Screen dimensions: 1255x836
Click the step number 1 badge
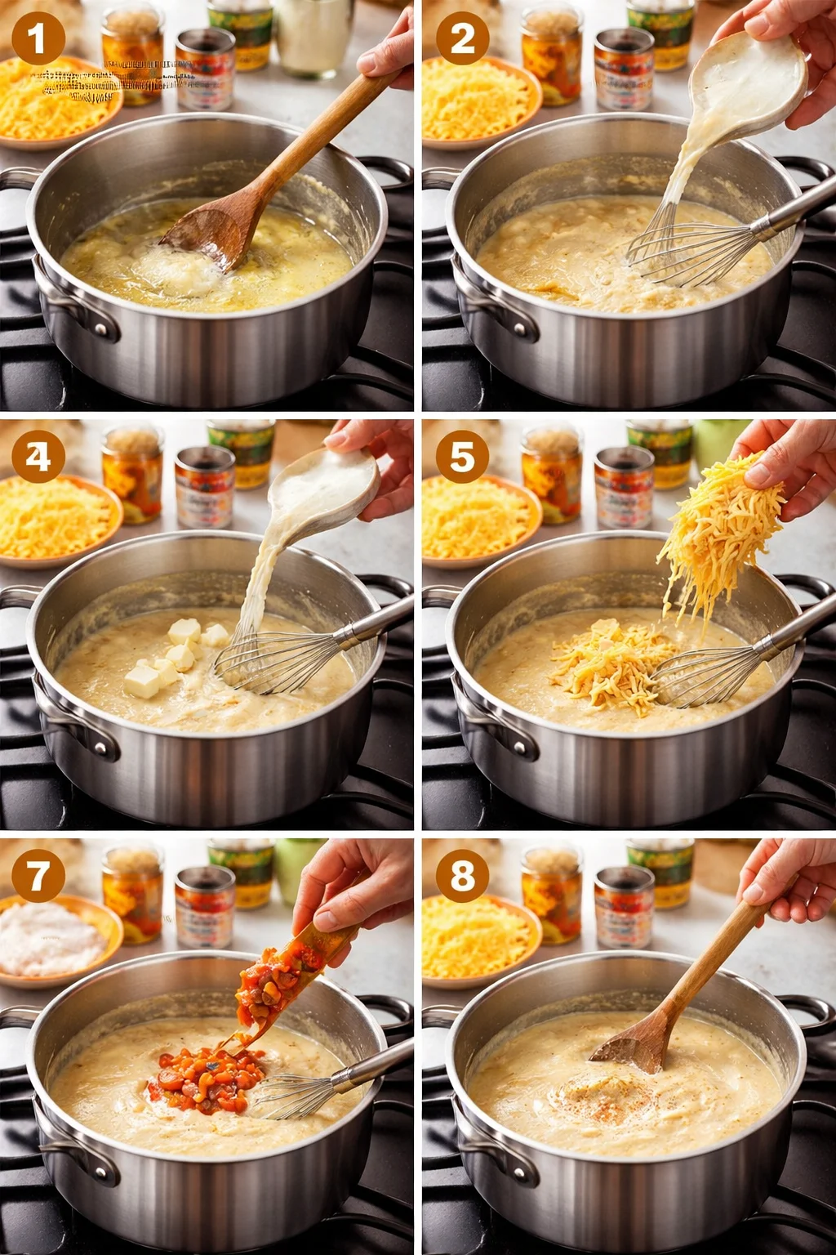pyautogui.click(x=38, y=38)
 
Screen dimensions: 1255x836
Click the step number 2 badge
pyautogui.click(x=462, y=38)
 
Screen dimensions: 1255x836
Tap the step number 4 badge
pyautogui.click(x=38, y=457)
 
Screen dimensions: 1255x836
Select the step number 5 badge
pyautogui.click(x=462, y=457)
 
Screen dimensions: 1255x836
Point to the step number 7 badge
pyautogui.click(x=38, y=876)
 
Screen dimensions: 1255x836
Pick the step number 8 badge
pyautogui.click(x=462, y=876)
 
